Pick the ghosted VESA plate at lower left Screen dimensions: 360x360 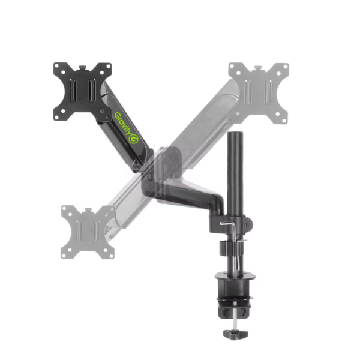tap(88, 231)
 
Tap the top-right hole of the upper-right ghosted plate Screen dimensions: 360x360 tap(283, 68)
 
